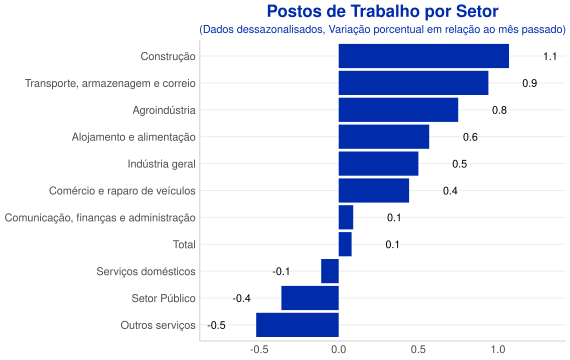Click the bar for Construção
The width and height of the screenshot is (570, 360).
pos(424,56)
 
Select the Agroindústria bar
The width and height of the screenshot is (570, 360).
pos(398,110)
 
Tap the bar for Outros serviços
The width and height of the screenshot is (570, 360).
pos(297,325)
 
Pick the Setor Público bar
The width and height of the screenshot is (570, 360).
pos(310,298)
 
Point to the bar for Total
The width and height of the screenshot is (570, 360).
pos(345,244)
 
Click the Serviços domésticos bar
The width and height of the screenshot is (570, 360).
pos(330,271)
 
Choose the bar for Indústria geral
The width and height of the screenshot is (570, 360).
pos(378,164)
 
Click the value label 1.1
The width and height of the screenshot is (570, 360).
pos(550,56)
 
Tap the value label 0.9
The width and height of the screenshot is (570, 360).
pos(530,83)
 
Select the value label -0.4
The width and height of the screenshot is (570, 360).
pos(242,299)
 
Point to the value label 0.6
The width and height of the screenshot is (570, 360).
pos(470,137)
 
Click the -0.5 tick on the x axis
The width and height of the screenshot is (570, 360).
pos(259,350)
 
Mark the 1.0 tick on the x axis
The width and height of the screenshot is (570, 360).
pos(498,350)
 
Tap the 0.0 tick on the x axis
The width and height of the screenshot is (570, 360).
pos(339,350)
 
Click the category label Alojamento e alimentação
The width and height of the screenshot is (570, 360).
pos(133,137)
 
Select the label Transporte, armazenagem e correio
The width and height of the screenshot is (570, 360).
pos(110,83)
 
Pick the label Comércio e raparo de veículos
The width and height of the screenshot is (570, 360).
pos(122,191)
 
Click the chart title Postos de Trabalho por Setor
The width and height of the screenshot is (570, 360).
pos(382,12)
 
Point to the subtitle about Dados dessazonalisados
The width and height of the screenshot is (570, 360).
pos(382,29)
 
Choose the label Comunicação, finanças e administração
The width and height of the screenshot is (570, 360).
pos(100,218)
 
